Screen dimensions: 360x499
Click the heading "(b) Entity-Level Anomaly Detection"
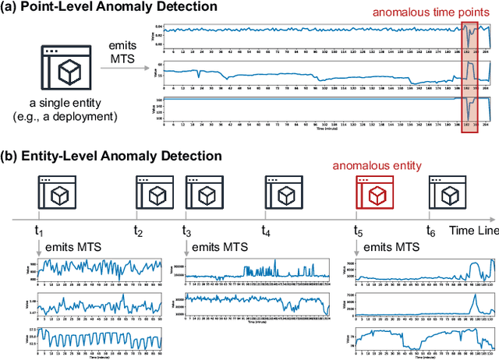tap(111, 156)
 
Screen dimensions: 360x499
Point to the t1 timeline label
tap(41, 231)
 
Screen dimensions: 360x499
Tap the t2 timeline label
tap(138, 231)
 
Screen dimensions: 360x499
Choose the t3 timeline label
tap(187, 231)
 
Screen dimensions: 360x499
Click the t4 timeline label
tap(266, 231)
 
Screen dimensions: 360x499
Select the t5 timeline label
tap(358, 231)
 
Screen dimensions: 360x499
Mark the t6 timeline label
tap(430, 231)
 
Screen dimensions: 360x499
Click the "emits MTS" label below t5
tap(391, 247)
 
